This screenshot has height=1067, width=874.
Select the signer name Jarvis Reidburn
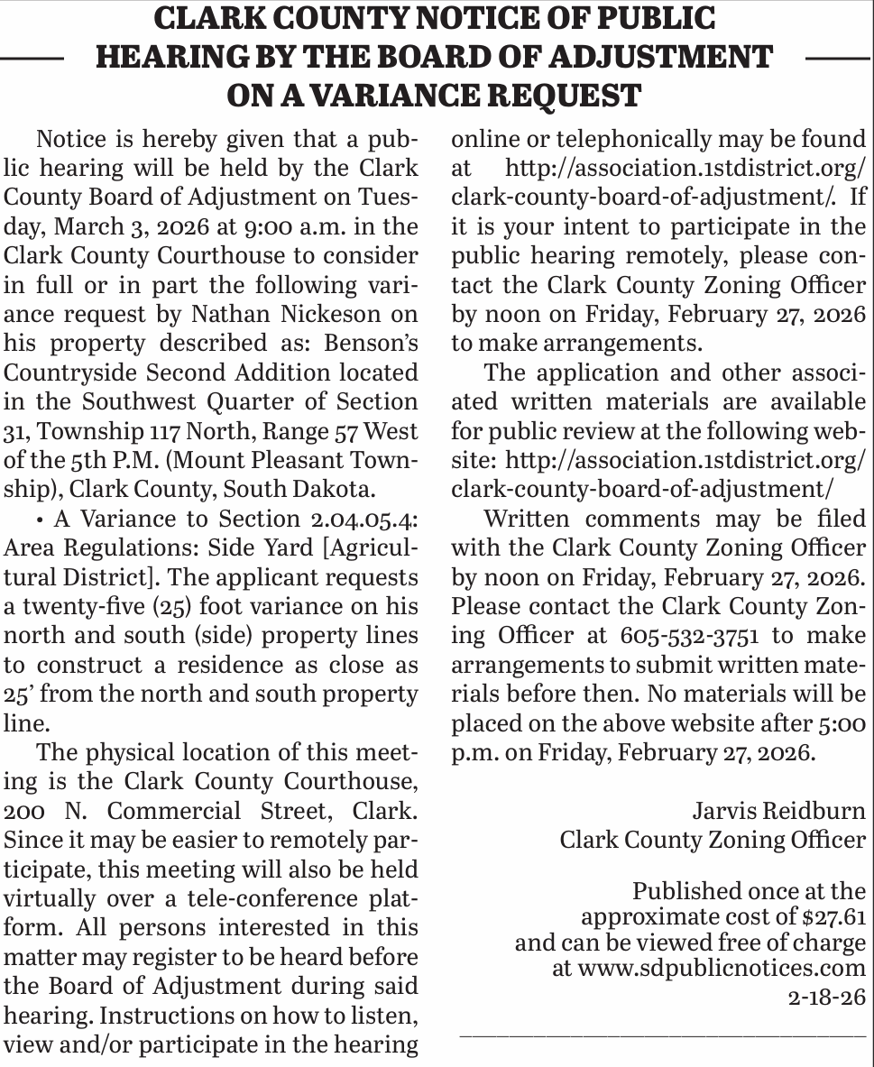pyautogui.click(x=778, y=810)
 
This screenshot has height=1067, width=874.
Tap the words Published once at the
pyautogui.click(x=749, y=891)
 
